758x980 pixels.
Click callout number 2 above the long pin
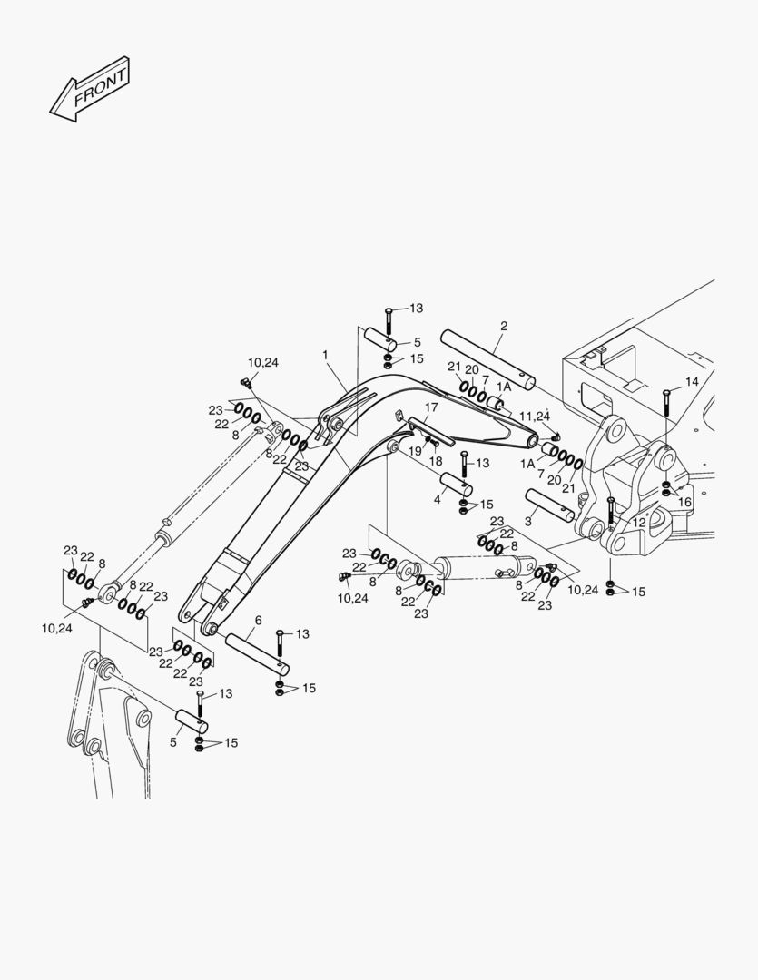[504, 326]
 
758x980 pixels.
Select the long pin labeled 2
[487, 358]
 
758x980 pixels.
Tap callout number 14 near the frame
[692, 382]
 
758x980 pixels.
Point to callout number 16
[685, 502]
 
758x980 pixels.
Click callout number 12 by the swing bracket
[639, 523]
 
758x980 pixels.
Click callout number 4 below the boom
[437, 499]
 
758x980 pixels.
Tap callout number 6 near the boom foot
[258, 620]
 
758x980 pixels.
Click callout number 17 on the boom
[431, 407]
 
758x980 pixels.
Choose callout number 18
[437, 461]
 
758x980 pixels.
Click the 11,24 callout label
[536, 416]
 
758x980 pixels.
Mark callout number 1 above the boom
[325, 355]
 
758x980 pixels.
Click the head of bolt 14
[666, 392]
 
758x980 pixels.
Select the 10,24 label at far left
[56, 628]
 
